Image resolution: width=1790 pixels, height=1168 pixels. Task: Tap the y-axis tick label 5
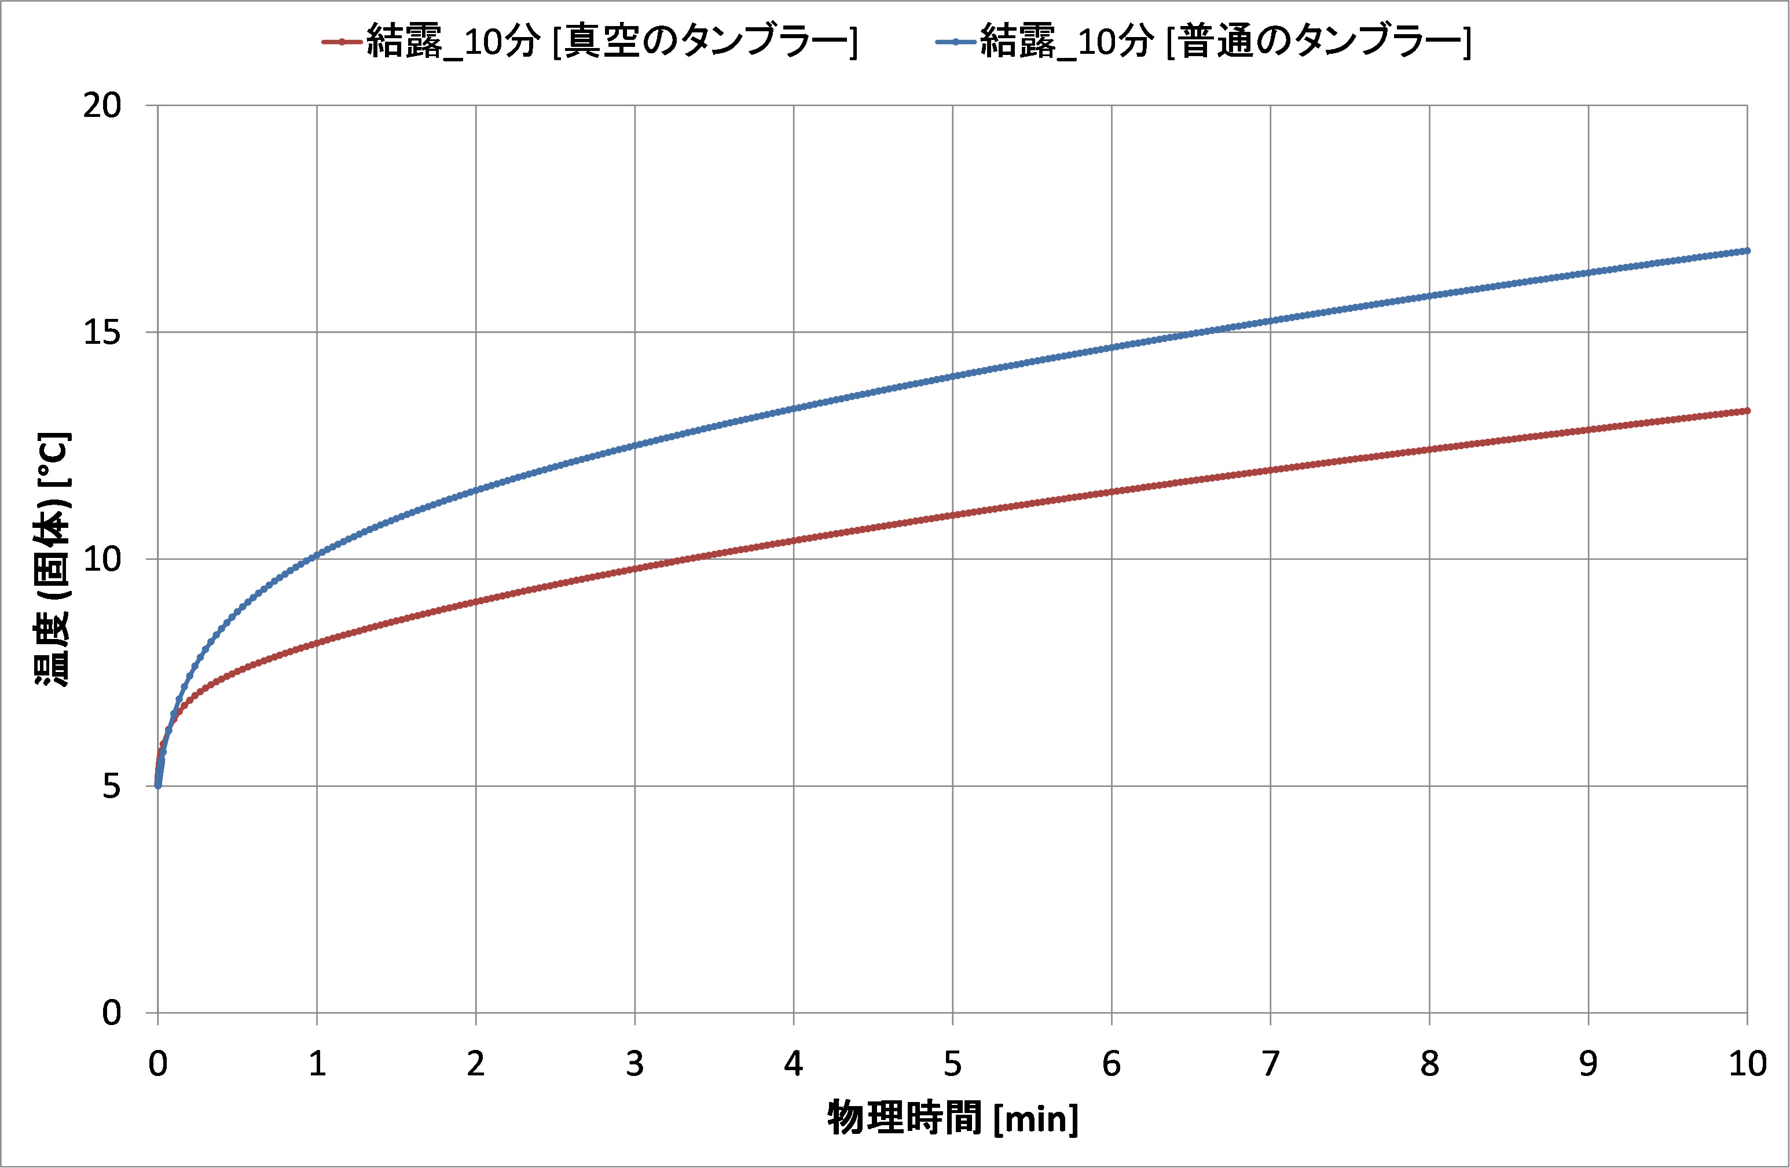tap(111, 786)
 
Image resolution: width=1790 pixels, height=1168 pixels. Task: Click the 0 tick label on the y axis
tap(111, 1013)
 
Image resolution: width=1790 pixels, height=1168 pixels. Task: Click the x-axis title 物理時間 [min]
tap(953, 1118)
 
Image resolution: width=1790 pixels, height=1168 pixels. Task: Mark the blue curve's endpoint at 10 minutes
tap(1747, 251)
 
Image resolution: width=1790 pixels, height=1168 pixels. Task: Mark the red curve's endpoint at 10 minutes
tap(1747, 410)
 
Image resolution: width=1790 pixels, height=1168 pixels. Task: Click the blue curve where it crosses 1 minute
tap(317, 554)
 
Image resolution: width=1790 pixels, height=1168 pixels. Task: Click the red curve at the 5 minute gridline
tap(953, 515)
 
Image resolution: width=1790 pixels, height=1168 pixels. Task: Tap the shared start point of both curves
tap(158, 785)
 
